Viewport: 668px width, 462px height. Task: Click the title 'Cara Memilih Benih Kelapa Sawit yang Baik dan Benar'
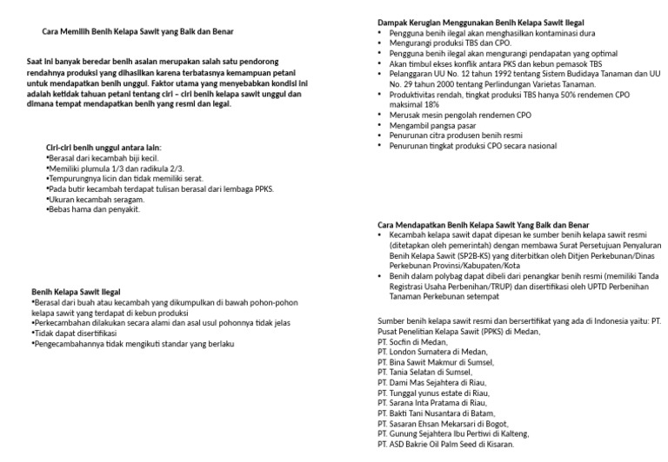coord(137,32)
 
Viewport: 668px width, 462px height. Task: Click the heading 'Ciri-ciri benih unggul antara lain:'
coord(104,148)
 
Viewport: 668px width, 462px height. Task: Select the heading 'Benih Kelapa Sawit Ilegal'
coord(77,291)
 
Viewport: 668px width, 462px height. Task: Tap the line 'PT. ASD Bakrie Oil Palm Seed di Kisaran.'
coord(446,445)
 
